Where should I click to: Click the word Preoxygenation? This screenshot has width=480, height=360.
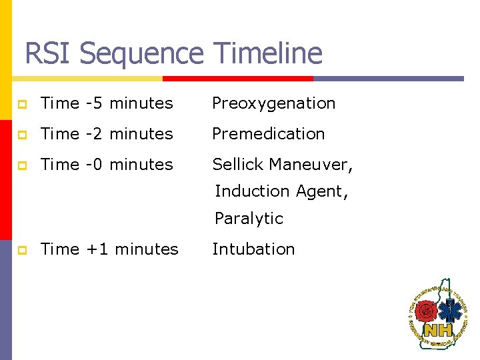[273, 103]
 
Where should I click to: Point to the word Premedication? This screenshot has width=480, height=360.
[268, 133]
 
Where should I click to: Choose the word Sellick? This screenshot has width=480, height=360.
[239, 164]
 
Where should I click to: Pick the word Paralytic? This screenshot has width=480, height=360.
[249, 219]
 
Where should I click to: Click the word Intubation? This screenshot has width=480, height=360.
[253, 249]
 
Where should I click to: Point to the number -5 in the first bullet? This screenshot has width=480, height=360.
[94, 103]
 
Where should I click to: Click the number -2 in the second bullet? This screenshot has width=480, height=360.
[94, 133]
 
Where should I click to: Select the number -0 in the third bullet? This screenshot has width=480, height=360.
[94, 164]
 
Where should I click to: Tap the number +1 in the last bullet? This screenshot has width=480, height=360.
[96, 249]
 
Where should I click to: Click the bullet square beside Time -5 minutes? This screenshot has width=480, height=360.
[22, 104]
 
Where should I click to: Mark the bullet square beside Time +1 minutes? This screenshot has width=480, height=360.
[22, 249]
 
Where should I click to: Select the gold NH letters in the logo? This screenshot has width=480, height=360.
[438, 329]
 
